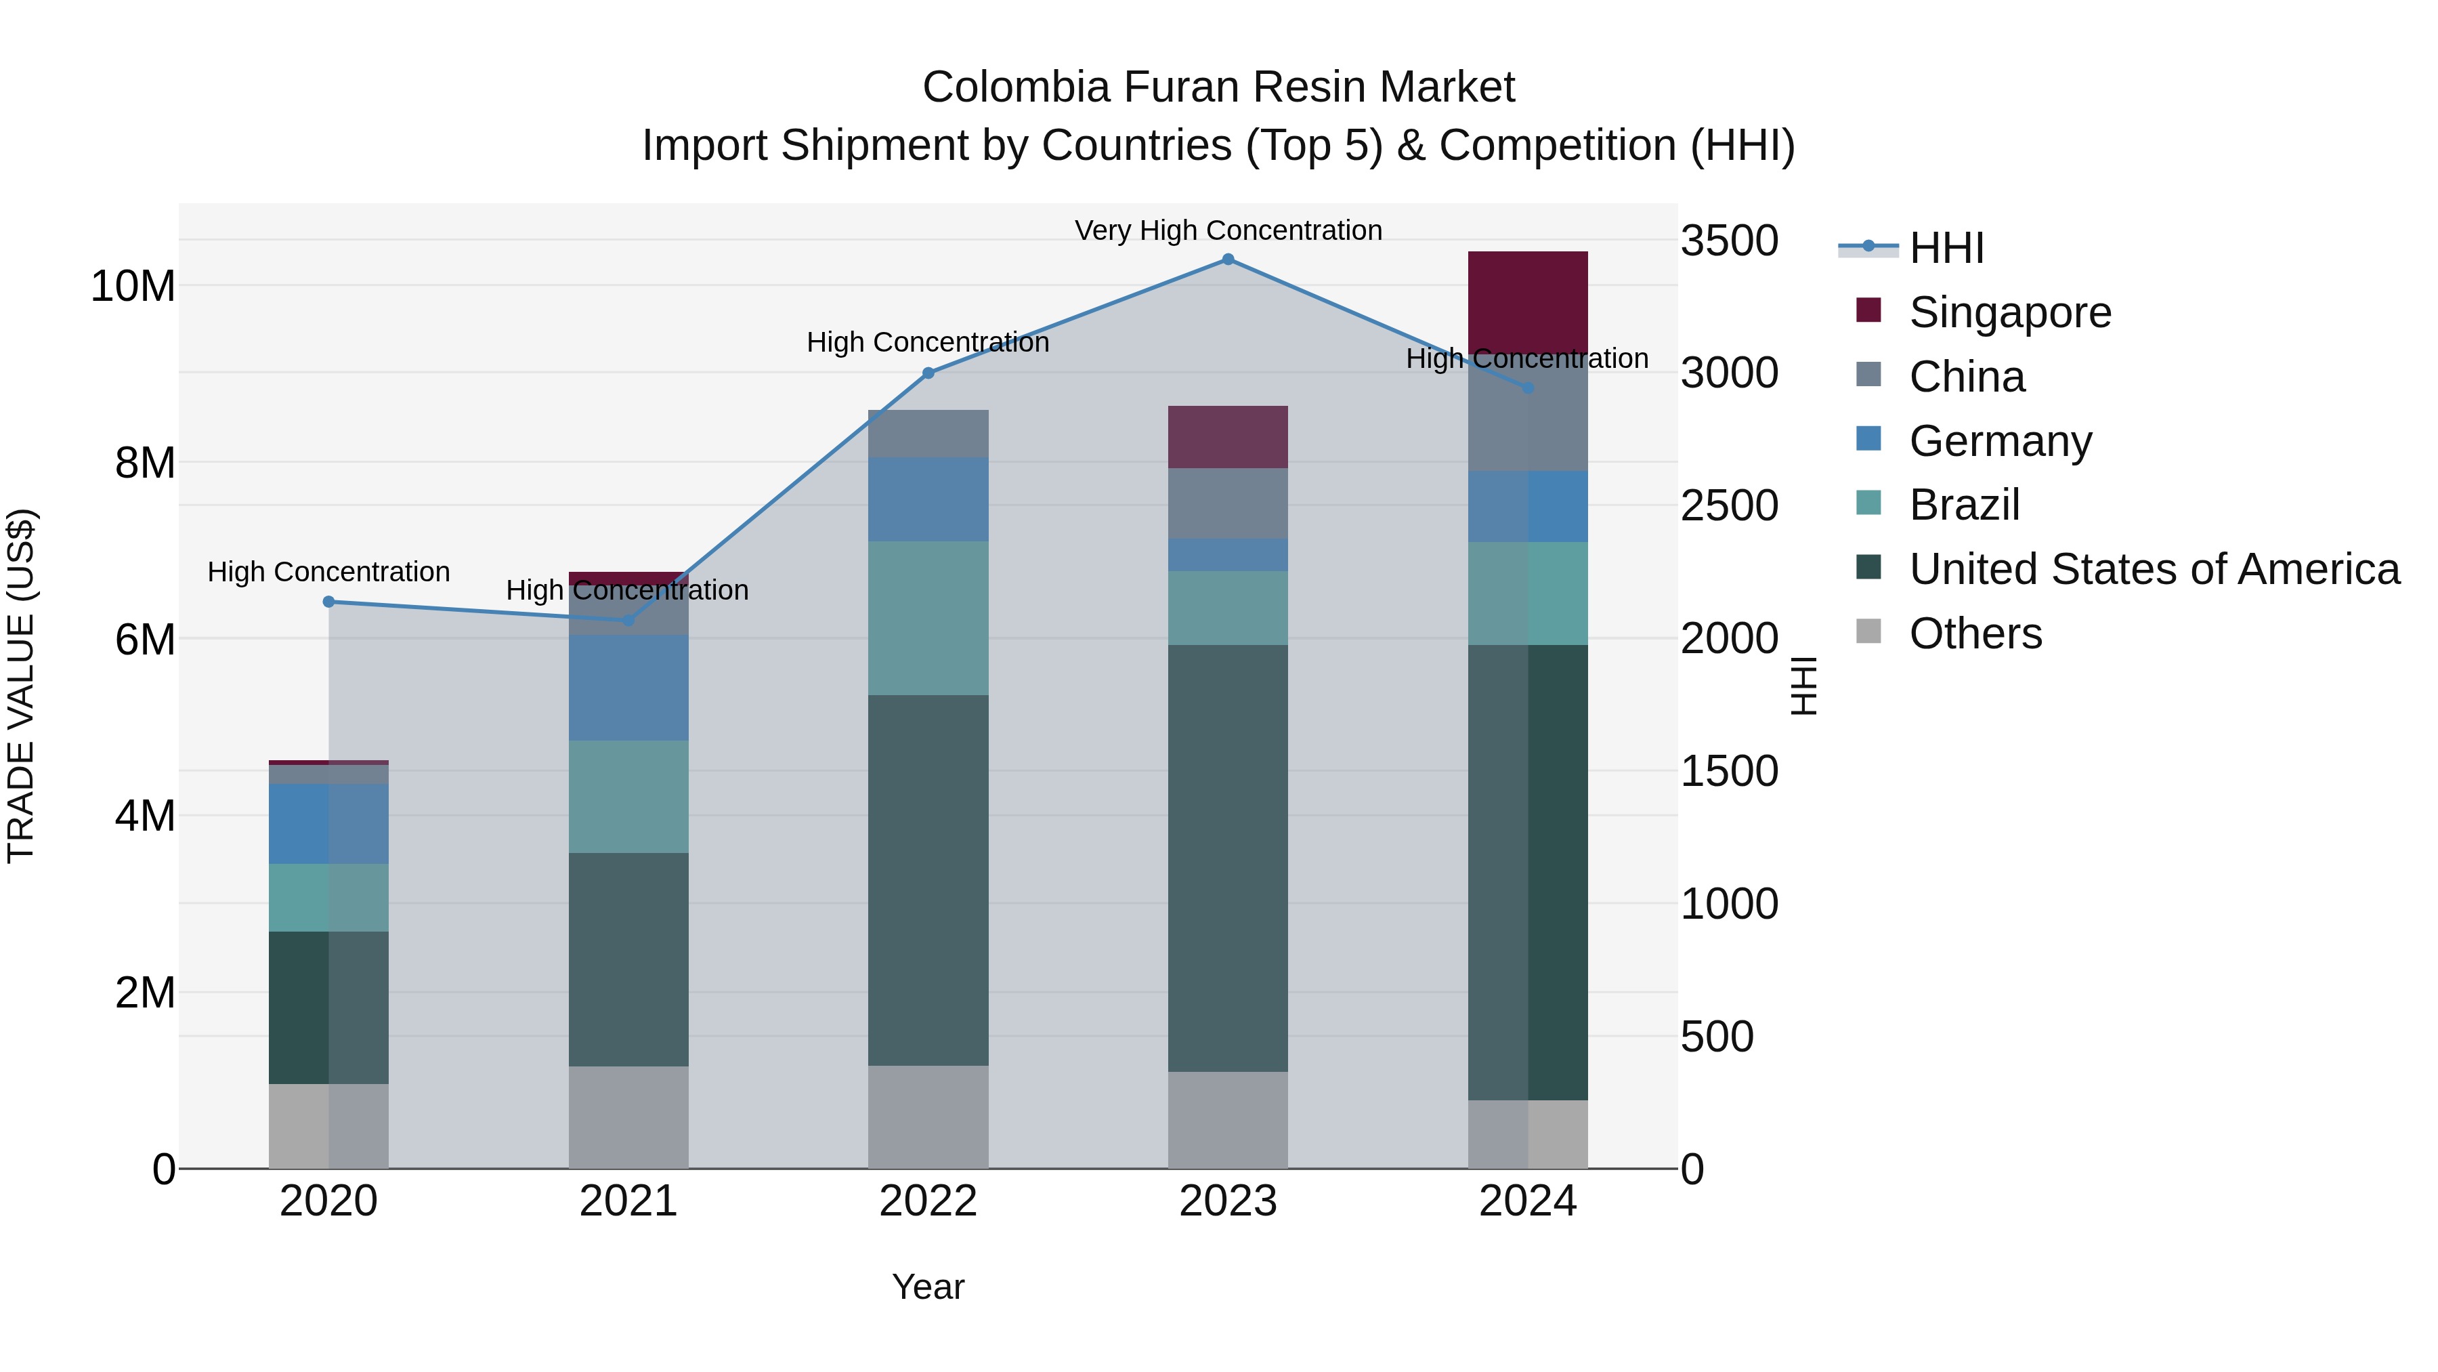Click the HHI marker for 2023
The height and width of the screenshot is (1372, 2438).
[x=1228, y=259]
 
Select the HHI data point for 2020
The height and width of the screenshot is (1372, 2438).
[x=328, y=601]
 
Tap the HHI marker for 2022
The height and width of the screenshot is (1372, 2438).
[x=928, y=373]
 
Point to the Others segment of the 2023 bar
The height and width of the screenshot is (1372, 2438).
[x=1228, y=1119]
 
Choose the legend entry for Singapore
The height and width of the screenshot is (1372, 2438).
[x=2009, y=312]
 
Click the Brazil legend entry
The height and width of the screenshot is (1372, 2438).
[x=1964, y=505]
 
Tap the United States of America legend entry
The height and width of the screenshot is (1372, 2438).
[x=2153, y=569]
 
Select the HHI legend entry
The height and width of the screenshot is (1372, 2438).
[x=1946, y=248]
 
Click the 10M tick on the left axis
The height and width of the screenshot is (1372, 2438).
[x=133, y=286]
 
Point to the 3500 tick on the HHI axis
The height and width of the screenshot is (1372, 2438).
[x=1729, y=241]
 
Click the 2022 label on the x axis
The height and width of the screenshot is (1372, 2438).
[x=928, y=1201]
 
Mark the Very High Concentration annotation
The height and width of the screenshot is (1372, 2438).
[x=1228, y=230]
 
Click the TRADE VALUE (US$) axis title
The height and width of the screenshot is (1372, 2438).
[x=21, y=686]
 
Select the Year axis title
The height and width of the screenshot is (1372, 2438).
[x=928, y=1287]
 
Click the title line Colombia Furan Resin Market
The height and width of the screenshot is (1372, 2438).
[x=1218, y=87]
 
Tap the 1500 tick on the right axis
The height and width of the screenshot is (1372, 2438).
[x=1729, y=771]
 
